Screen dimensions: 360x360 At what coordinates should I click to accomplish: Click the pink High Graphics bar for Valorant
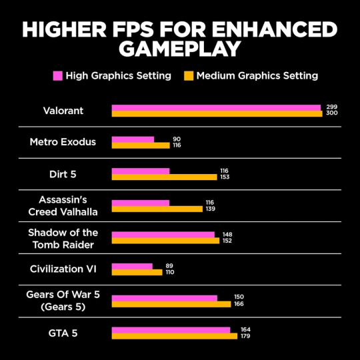pos(216,107)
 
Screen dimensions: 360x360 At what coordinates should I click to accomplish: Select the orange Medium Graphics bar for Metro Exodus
pos(141,145)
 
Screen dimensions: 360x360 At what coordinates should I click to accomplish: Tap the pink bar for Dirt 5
pos(141,171)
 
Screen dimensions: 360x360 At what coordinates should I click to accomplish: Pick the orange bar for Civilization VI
pos(137,272)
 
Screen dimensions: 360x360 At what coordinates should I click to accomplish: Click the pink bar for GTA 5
pos(171,329)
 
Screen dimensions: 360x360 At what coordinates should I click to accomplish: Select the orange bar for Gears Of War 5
pos(171,304)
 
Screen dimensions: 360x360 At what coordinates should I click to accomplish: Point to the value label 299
pos(331,107)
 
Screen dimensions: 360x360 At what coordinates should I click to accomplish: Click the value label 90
pos(177,139)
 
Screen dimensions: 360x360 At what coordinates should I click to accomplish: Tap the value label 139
pos(210,209)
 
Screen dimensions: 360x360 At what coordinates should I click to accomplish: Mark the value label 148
pos(227,235)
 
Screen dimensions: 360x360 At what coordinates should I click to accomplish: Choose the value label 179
pos(245,336)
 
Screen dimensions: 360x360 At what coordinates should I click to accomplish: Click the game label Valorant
pos(63,111)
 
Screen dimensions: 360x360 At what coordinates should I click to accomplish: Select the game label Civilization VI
pos(63,269)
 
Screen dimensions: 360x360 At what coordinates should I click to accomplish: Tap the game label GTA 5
pos(63,332)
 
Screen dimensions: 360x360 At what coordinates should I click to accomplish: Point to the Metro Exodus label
pos(63,142)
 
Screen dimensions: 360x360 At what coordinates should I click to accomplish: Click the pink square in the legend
pos(57,75)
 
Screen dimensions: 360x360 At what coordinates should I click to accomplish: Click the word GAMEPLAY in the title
pos(180,49)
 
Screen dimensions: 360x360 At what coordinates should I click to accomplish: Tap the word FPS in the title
pos(139,29)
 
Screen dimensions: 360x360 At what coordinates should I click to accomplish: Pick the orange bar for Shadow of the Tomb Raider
pos(165,241)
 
